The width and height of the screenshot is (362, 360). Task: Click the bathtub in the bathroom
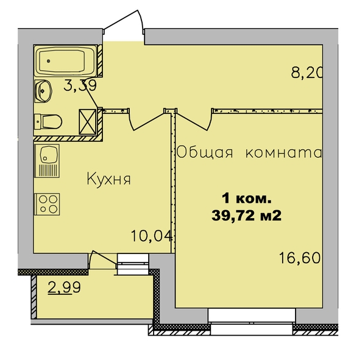[x=66, y=61]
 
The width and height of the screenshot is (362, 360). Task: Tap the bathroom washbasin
[x=43, y=91]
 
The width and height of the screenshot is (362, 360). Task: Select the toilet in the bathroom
[x=48, y=122]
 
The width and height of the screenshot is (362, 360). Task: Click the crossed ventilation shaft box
[x=88, y=122]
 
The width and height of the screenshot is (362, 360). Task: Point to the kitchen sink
[x=47, y=161]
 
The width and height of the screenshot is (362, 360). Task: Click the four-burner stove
[x=47, y=204]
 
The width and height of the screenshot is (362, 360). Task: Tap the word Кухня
[x=108, y=179]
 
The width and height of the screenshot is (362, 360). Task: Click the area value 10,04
[x=152, y=236]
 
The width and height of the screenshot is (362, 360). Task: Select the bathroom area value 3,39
[x=80, y=85]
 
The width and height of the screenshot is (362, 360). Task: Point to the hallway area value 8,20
[x=307, y=73]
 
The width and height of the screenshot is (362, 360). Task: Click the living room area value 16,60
[x=300, y=258]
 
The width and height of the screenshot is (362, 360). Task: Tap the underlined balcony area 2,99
[x=64, y=288]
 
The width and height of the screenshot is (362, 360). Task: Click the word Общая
[x=205, y=152]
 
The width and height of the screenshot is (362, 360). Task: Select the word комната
[x=283, y=154]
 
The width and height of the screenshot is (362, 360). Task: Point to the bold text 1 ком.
[x=247, y=199]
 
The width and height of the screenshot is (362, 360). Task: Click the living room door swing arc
[x=193, y=122]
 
